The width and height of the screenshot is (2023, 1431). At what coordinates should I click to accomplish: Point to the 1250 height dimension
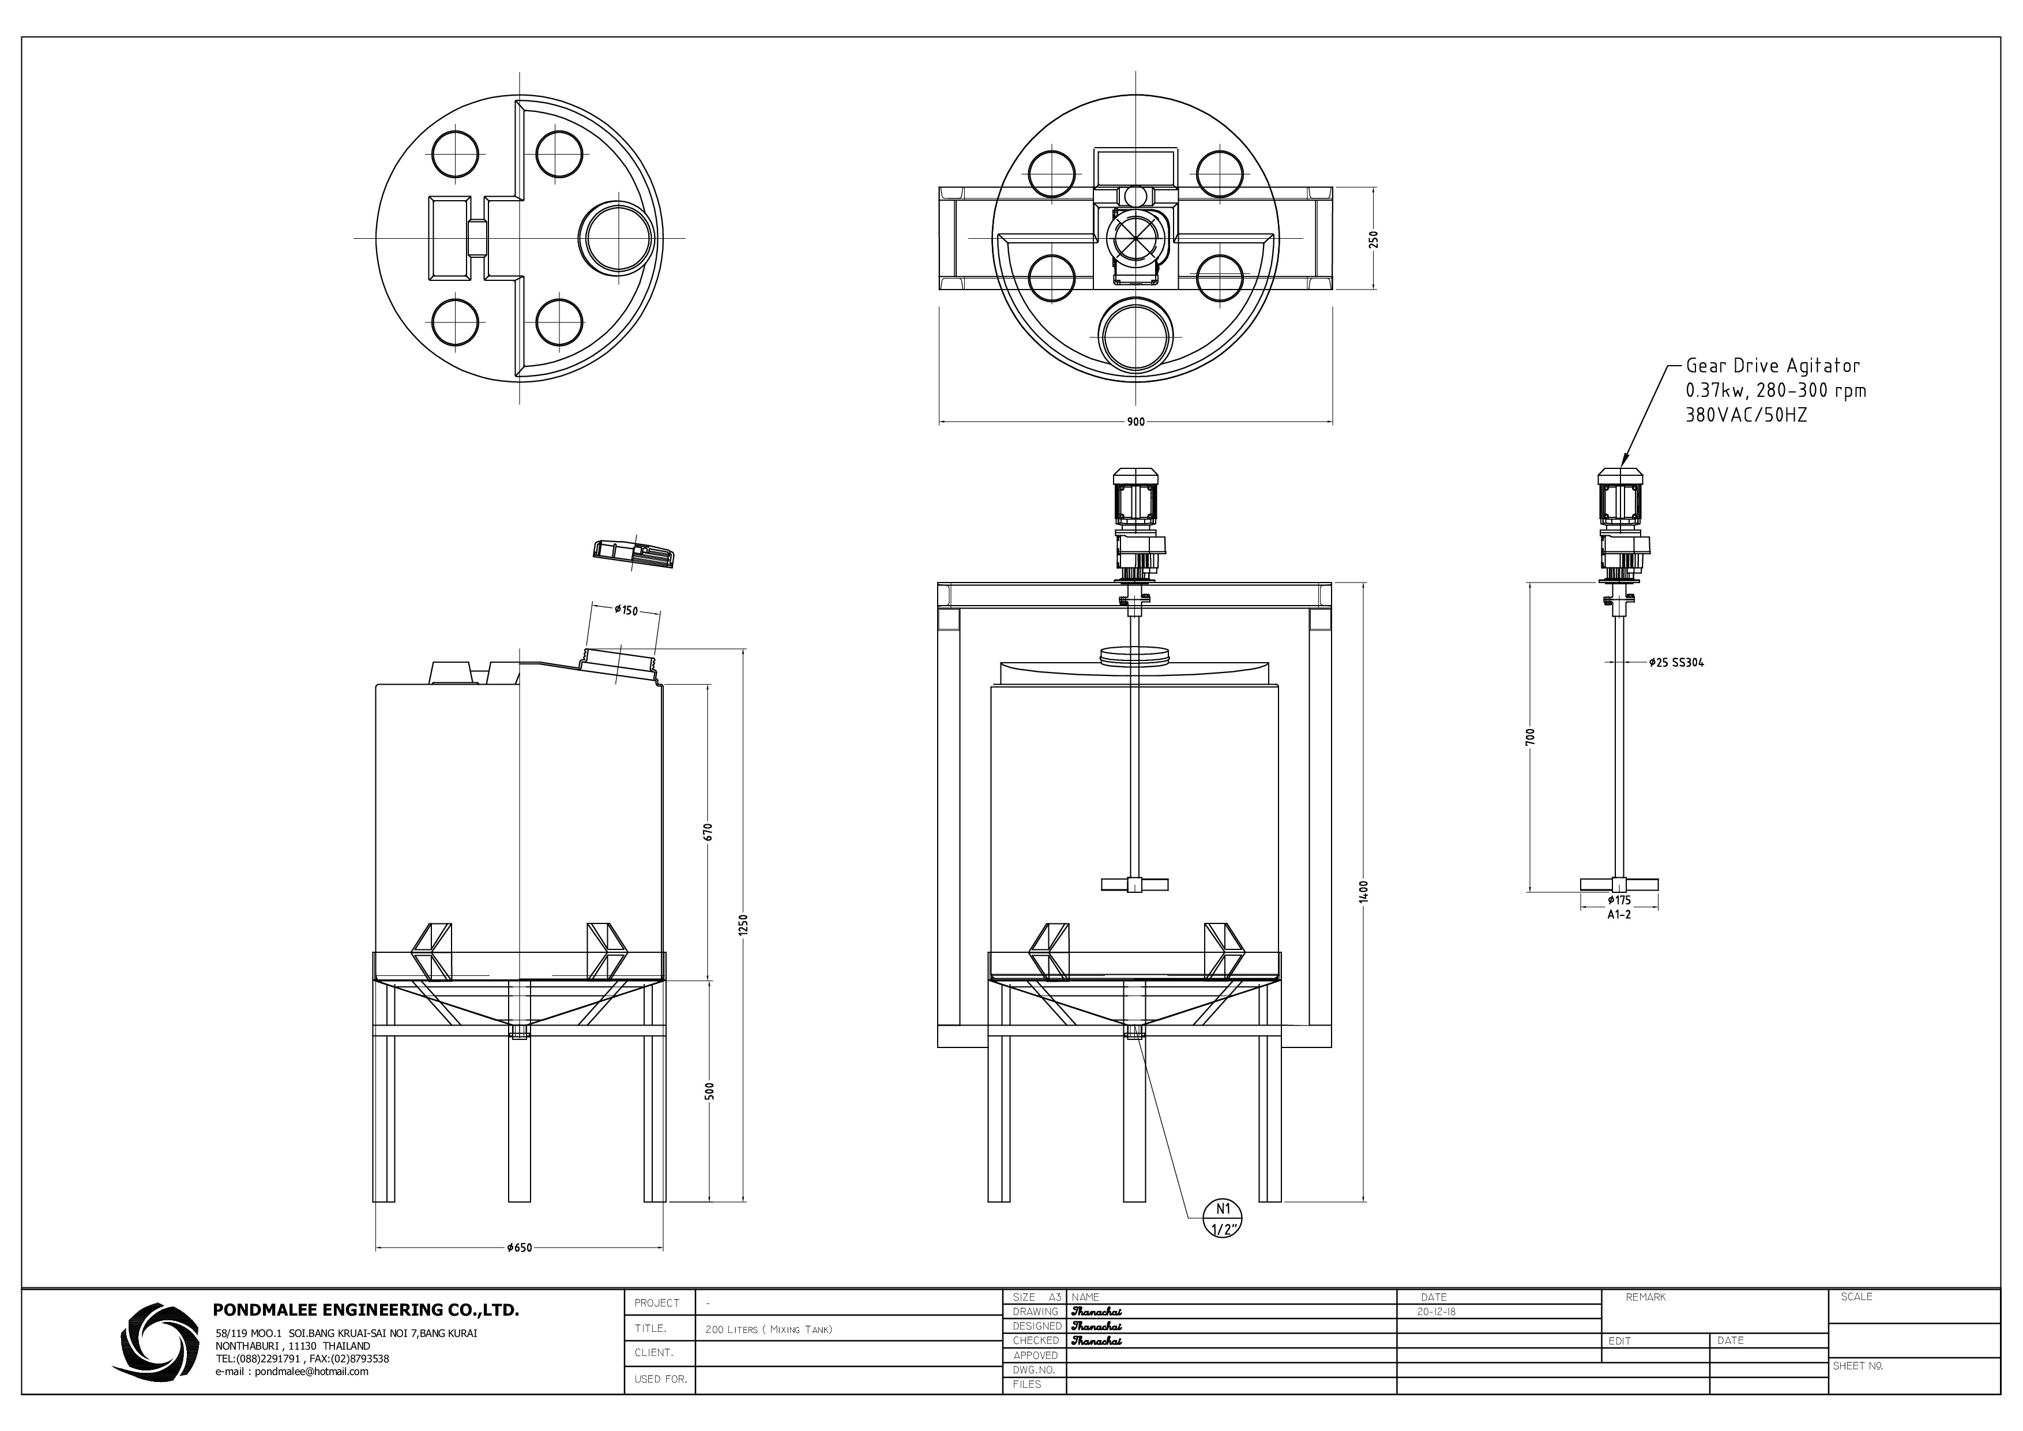(743, 925)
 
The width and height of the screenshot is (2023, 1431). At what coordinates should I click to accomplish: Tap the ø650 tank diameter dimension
(519, 1248)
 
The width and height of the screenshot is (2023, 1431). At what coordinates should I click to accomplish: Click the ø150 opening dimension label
(626, 610)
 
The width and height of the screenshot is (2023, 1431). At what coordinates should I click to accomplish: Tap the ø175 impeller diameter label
(1619, 900)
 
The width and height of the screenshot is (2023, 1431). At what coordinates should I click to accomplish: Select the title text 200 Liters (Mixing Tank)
(768, 1329)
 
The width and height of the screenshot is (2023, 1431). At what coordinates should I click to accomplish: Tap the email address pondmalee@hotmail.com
(292, 1372)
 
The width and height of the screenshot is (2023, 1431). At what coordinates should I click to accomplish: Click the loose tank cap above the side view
(634, 553)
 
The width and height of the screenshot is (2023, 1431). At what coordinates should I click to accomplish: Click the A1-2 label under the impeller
(1619, 915)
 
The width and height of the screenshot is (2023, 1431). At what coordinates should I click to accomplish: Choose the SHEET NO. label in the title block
(1857, 1366)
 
